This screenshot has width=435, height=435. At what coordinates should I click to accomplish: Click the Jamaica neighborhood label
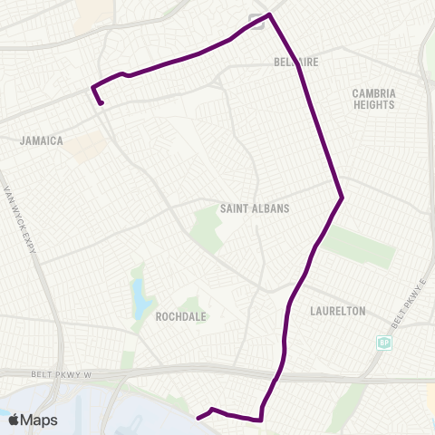(42, 140)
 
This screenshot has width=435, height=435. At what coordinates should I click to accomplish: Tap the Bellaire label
(292, 63)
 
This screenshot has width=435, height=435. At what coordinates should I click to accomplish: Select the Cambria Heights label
(374, 99)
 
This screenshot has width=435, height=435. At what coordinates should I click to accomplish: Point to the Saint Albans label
(255, 208)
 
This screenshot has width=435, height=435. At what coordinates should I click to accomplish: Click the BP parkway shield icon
(384, 343)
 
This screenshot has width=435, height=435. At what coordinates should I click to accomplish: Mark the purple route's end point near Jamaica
(101, 103)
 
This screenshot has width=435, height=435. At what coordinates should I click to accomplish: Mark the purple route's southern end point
(198, 418)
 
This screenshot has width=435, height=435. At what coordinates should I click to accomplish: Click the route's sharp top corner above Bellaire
(270, 14)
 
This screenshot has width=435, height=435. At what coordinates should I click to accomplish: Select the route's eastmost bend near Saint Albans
(342, 197)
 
